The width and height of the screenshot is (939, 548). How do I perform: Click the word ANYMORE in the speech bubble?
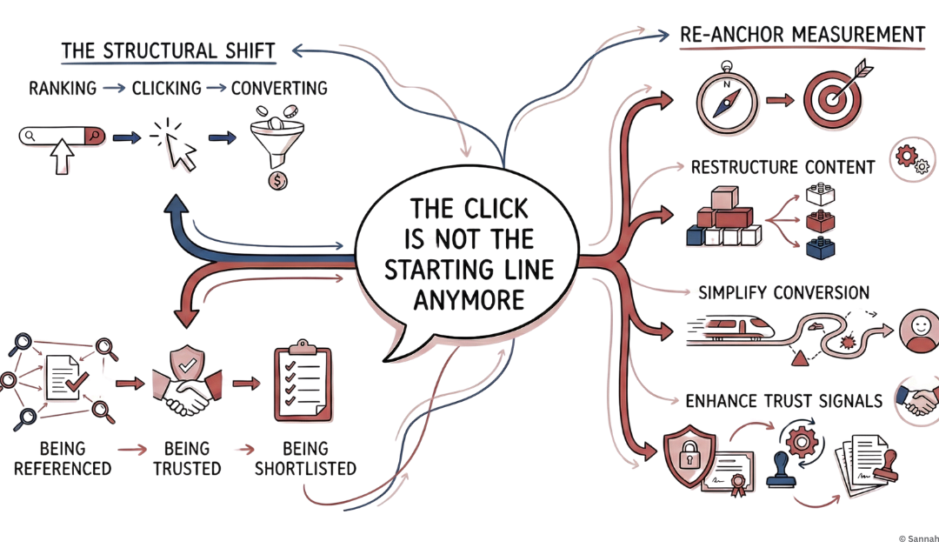tap(469, 300)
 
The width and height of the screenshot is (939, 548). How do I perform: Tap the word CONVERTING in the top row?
tap(279, 88)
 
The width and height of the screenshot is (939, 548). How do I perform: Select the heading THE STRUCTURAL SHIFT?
tap(168, 50)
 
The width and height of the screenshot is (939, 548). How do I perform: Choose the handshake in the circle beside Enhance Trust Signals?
tap(918, 399)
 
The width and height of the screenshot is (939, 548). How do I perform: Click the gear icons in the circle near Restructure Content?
tap(912, 158)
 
